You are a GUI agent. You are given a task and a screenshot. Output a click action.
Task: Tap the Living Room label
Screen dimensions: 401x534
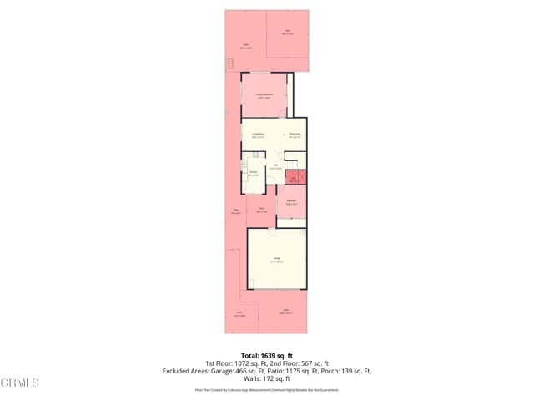[x=259, y=135]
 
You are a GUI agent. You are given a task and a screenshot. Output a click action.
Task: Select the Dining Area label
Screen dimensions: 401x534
[x=295, y=135]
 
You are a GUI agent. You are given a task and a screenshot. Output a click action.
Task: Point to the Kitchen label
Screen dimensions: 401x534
[x=253, y=174]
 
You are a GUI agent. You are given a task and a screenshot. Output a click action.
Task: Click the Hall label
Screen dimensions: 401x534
[x=275, y=165]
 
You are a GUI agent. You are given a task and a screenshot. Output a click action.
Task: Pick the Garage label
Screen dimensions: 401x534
[x=276, y=260]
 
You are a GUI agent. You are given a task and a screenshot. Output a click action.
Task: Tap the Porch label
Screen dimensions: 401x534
[x=261, y=210]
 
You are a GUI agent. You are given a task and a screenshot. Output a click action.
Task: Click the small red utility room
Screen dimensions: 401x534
[x=294, y=178]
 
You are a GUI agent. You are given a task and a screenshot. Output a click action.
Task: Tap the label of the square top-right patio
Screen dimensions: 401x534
[x=286, y=32]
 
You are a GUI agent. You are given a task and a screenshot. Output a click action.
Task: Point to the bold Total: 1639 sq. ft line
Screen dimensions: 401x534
[x=266, y=355]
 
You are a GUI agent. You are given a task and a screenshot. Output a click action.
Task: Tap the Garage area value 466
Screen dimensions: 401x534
[x=240, y=371]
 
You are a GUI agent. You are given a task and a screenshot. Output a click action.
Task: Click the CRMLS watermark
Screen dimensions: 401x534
[x=20, y=383]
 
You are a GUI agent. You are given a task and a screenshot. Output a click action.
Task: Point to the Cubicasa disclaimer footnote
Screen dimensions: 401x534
[x=266, y=390]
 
